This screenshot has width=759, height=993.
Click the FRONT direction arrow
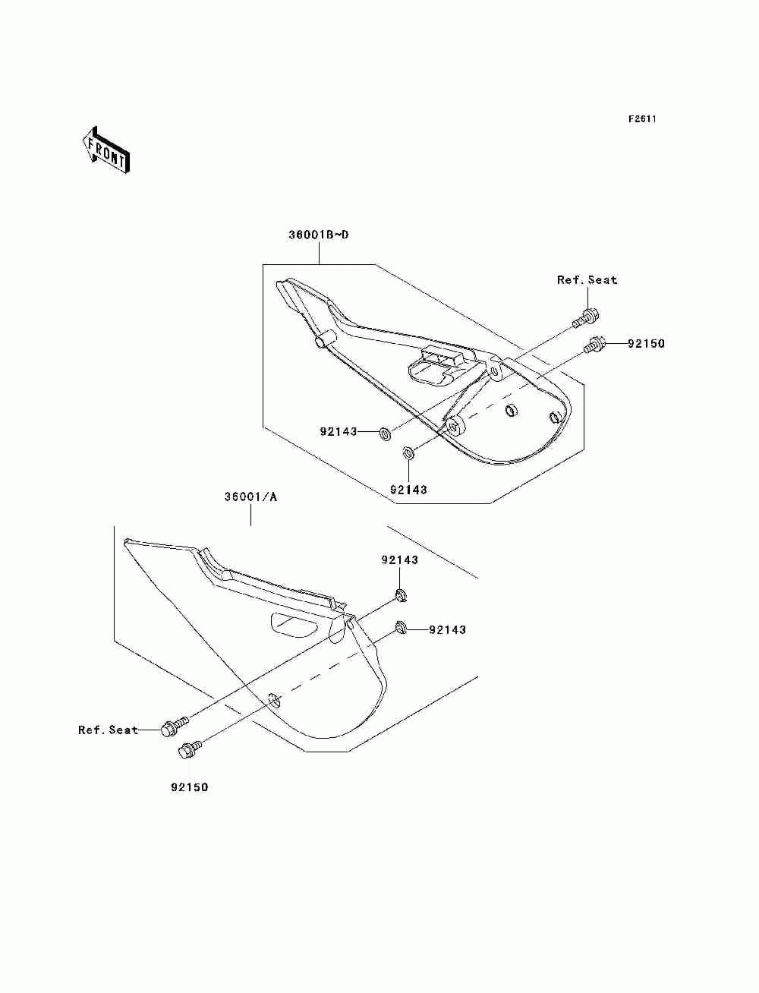[x=106, y=150]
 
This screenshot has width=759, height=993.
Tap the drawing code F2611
[x=641, y=119]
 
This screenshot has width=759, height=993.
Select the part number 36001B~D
[x=318, y=235]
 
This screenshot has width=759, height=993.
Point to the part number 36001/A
[x=250, y=497]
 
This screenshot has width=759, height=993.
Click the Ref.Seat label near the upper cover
[x=587, y=280]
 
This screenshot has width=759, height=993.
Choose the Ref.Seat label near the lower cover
[x=108, y=730]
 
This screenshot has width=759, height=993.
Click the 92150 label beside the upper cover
[x=645, y=344]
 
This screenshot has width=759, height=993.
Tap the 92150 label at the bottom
[x=189, y=787]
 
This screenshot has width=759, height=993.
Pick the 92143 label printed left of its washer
[x=338, y=432]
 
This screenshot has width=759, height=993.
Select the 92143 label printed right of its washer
[x=447, y=629]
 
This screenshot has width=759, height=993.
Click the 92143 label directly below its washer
[x=408, y=490]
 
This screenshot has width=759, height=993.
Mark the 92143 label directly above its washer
[x=399, y=560]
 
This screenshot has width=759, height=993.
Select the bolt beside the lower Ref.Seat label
[x=172, y=727]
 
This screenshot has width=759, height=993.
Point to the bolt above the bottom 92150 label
[x=187, y=750]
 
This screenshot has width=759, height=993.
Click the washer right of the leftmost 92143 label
[x=384, y=433]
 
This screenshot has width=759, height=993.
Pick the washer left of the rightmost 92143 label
[x=401, y=627]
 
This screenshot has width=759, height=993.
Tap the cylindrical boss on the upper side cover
[x=323, y=339]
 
